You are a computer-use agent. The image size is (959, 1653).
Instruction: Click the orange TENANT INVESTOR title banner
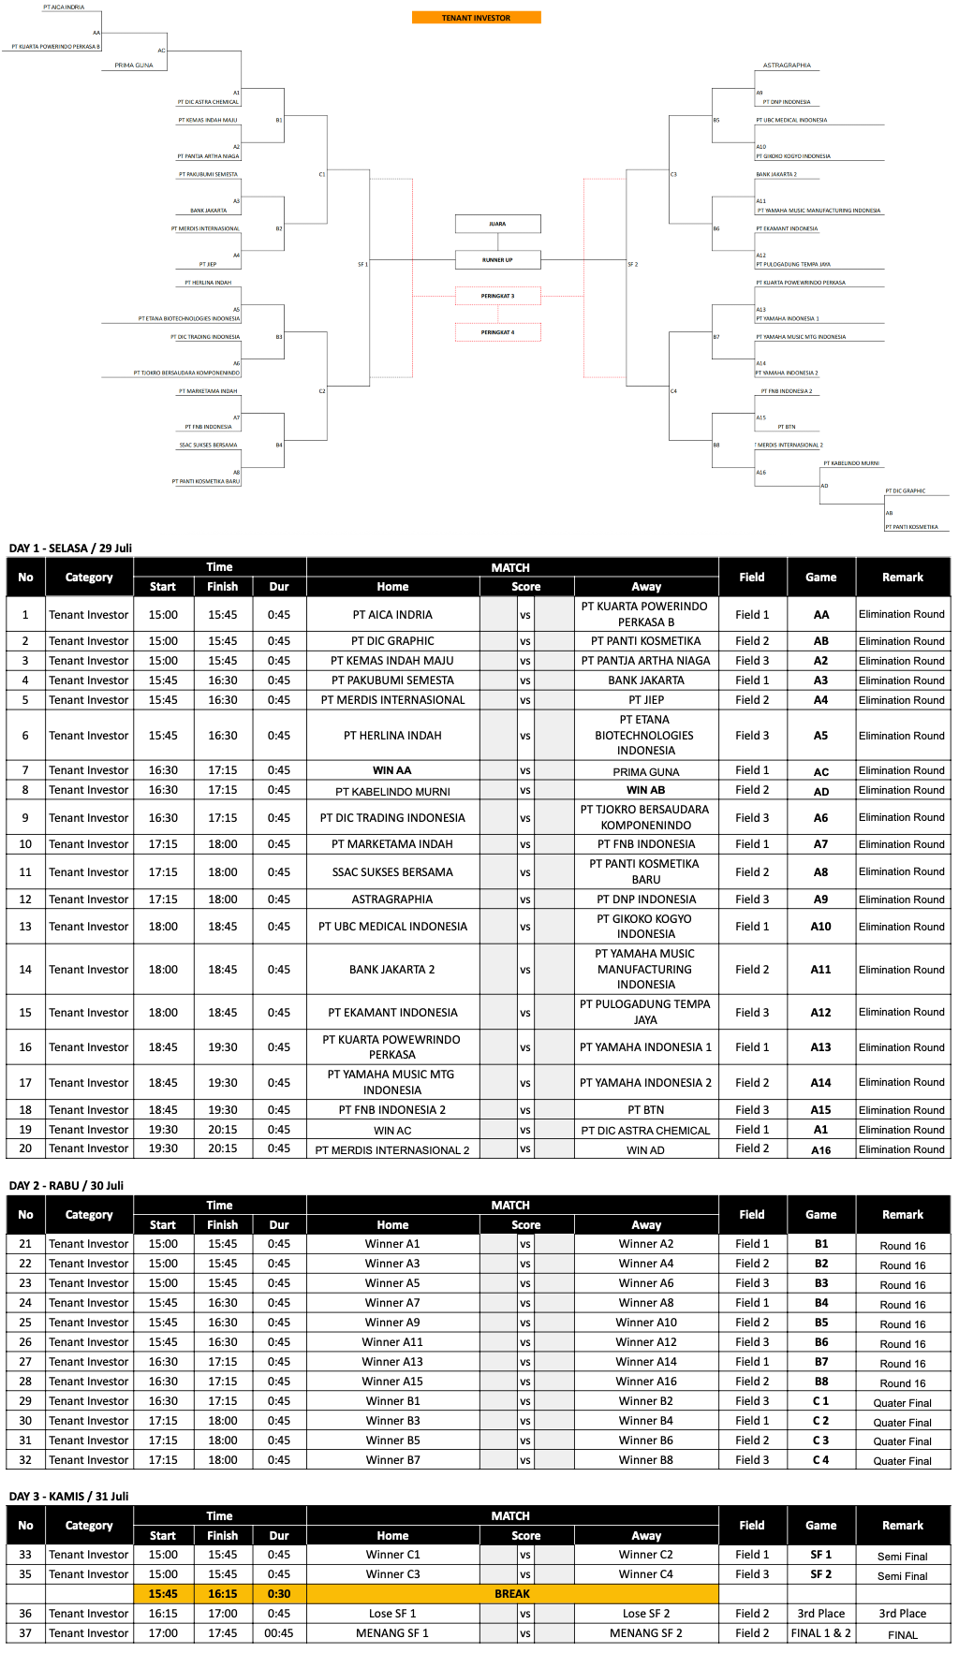[476, 18]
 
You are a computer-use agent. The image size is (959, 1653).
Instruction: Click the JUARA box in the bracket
[497, 224]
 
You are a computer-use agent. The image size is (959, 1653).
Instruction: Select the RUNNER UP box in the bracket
[497, 259]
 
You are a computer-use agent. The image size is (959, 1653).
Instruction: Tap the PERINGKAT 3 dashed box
[497, 296]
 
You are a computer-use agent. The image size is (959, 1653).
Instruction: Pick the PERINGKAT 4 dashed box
[497, 332]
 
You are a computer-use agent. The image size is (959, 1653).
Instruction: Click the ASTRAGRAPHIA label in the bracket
[787, 66]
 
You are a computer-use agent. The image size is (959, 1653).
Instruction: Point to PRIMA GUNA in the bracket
[134, 66]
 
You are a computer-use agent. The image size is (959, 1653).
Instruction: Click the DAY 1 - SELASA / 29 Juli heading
[70, 549]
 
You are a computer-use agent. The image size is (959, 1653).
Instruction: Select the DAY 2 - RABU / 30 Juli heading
[66, 1186]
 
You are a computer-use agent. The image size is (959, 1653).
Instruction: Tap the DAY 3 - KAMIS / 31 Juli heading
[68, 1497]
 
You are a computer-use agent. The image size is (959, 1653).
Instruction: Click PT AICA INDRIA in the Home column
[392, 615]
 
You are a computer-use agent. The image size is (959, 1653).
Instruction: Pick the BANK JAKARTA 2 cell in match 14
[392, 970]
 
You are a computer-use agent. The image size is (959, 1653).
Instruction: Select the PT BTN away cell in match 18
[646, 1110]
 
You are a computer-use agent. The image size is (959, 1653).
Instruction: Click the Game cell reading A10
[820, 927]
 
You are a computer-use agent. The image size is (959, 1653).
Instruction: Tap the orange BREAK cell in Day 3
[512, 1594]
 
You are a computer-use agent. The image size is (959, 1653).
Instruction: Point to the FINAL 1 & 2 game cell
[820, 1633]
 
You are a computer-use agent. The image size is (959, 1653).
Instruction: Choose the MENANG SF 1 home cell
[392, 1633]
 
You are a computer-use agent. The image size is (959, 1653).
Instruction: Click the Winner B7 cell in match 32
[392, 1460]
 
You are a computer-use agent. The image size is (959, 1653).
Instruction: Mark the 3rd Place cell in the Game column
[820, 1614]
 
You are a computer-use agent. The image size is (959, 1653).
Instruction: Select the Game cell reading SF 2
[820, 1574]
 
